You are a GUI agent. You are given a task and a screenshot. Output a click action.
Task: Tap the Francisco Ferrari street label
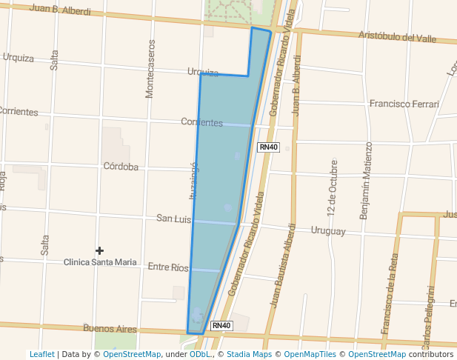pos(404,104)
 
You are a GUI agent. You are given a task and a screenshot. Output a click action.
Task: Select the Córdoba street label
pos(121,167)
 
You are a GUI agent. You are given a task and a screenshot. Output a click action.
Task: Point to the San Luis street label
pos(173,219)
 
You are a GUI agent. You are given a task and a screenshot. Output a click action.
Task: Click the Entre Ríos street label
pos(168,267)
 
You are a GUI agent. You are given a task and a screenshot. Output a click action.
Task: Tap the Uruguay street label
pos(328,231)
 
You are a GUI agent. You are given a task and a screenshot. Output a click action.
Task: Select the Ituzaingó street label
pos(194,181)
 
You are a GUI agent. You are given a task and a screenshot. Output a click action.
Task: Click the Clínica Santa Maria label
pos(100,262)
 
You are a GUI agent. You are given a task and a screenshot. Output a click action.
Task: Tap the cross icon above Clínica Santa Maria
pos(100,251)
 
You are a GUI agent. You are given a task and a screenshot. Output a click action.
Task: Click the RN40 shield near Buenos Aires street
pos(221,325)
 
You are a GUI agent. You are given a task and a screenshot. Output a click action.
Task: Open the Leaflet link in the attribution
pos(42,355)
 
